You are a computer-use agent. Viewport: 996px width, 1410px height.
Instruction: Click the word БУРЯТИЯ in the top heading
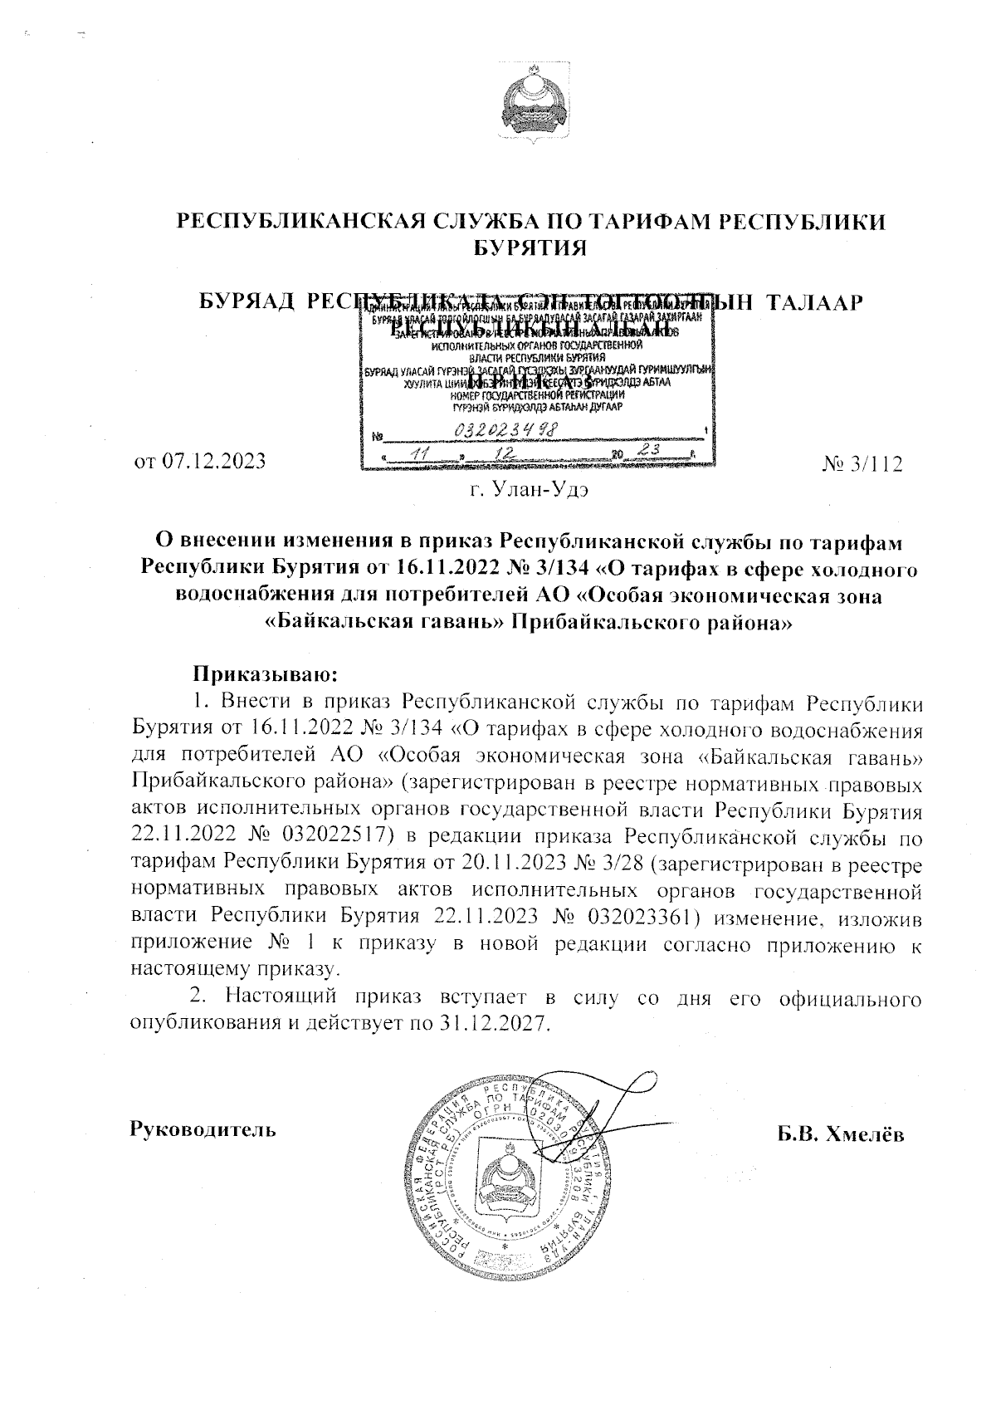(530, 247)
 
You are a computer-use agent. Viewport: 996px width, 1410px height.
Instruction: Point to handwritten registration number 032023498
(506, 429)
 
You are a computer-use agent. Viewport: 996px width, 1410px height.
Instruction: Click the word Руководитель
(203, 1130)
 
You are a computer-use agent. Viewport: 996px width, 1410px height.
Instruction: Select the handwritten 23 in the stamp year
(641, 449)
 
